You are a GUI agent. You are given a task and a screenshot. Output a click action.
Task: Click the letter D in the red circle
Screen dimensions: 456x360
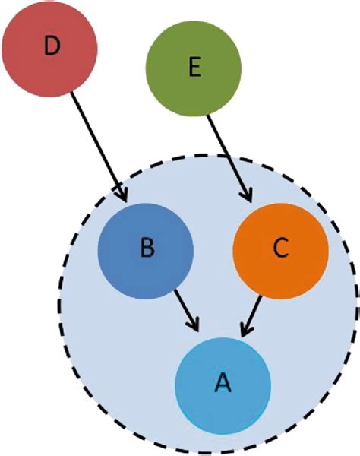click(x=51, y=47)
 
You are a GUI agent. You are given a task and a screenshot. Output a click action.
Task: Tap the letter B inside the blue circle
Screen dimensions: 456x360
click(x=147, y=250)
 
